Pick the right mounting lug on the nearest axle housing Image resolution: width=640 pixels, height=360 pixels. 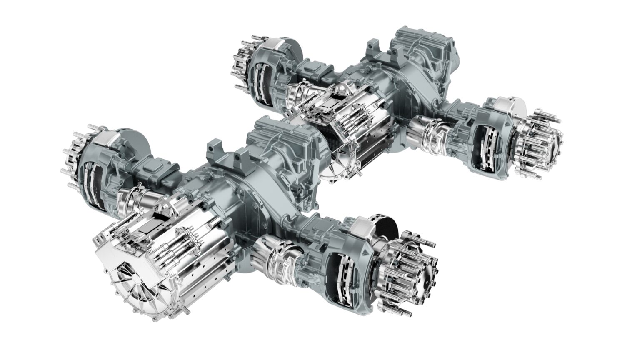tap(240, 158)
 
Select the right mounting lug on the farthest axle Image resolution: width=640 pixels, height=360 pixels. tap(396, 56)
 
